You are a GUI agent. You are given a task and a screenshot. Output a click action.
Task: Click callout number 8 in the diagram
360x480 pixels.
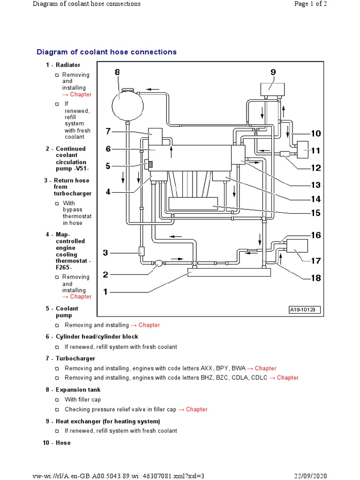click(x=117, y=72)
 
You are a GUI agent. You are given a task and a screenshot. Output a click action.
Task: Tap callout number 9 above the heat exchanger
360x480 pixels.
click(x=273, y=72)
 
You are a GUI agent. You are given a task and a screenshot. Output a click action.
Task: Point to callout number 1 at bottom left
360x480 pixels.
click(x=106, y=292)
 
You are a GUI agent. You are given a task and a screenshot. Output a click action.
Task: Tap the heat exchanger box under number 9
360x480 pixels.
click(x=273, y=88)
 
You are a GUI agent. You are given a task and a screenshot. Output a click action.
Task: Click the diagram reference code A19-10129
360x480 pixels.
click(x=304, y=310)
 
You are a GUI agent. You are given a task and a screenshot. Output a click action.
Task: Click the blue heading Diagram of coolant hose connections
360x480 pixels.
click(x=106, y=52)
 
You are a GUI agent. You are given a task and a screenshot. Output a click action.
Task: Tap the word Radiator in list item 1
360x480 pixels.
click(x=68, y=65)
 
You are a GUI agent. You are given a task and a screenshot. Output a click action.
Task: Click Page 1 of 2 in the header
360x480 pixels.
click(x=327, y=4)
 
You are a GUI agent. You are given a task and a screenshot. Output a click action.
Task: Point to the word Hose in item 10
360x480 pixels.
click(x=63, y=443)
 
